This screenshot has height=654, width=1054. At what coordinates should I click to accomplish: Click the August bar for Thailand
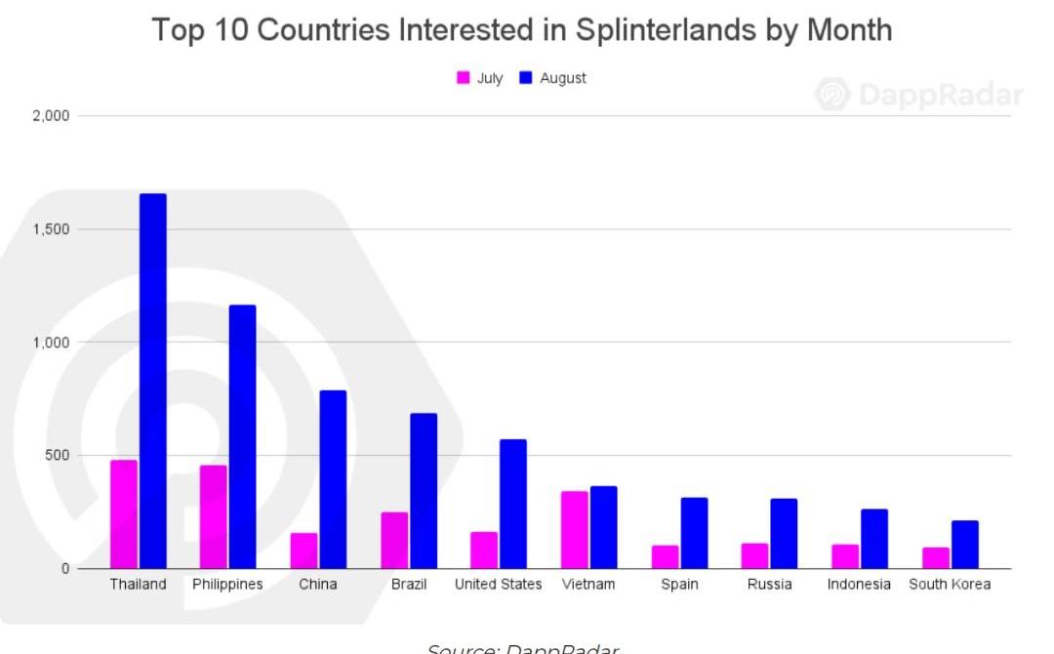pyautogui.click(x=153, y=381)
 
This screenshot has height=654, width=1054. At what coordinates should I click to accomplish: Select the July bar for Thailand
pyautogui.click(x=124, y=514)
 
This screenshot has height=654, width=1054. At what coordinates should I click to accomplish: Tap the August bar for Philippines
pyautogui.click(x=243, y=436)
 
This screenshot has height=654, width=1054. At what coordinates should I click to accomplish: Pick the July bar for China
pyautogui.click(x=304, y=551)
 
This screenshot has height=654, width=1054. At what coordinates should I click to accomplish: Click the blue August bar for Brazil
pyautogui.click(x=424, y=491)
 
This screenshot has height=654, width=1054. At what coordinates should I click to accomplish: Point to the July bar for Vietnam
pyautogui.click(x=575, y=529)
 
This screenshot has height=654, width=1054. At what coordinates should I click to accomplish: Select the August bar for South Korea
pyautogui.click(x=965, y=545)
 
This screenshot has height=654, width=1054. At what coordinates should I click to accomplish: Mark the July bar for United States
pyautogui.click(x=484, y=551)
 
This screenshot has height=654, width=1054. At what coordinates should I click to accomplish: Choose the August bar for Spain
pyautogui.click(x=695, y=533)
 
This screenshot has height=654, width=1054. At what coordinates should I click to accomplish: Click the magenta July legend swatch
pyautogui.click(x=464, y=78)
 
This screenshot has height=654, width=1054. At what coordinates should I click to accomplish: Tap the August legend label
pyautogui.click(x=563, y=78)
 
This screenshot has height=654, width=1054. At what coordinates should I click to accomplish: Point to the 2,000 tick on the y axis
pyautogui.click(x=52, y=116)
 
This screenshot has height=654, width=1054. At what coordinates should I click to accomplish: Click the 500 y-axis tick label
pyautogui.click(x=58, y=456)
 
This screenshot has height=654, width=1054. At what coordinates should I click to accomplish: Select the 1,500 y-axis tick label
pyautogui.click(x=52, y=229)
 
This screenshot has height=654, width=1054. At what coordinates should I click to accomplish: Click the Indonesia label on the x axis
pyautogui.click(x=859, y=585)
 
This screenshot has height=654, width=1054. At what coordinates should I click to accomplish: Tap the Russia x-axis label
pyautogui.click(x=769, y=585)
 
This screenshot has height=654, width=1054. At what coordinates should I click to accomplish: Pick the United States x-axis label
pyautogui.click(x=499, y=585)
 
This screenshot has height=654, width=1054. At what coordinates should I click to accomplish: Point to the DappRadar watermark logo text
pyautogui.click(x=941, y=95)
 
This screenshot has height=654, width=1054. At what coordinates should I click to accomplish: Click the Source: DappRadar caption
pyautogui.click(x=523, y=647)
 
